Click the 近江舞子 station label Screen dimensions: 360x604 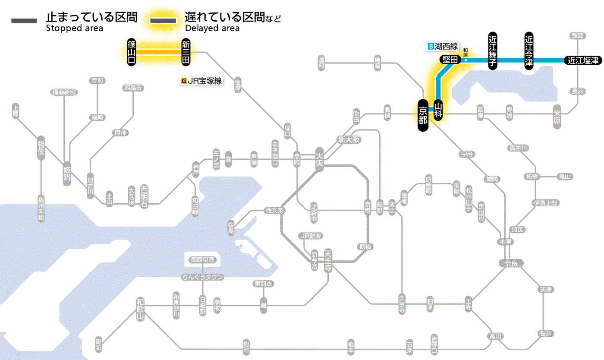click(x=493, y=51)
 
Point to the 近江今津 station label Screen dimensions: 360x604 click(x=529, y=51)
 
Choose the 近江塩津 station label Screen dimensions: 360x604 click(x=583, y=60)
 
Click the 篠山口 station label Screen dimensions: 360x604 click(x=132, y=52)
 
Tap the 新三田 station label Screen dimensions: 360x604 click(x=186, y=52)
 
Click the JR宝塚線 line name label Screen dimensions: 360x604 click(x=202, y=81)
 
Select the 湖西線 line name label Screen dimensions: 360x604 click(x=443, y=46)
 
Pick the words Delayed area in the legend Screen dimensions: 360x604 click(x=212, y=28)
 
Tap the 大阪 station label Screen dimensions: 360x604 click(x=320, y=160)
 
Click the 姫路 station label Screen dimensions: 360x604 click(x=67, y=173)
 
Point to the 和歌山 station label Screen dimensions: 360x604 click(x=140, y=309)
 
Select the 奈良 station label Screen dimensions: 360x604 click(x=511, y=262)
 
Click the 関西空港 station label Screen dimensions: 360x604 click(x=202, y=260)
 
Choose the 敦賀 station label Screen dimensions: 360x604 click(x=577, y=36)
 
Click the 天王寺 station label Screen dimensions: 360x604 click(x=327, y=261)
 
